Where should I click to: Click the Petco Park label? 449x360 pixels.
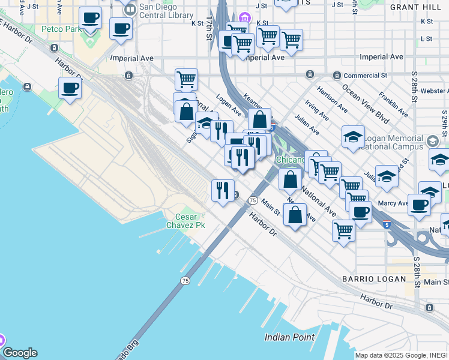click(x=61, y=29)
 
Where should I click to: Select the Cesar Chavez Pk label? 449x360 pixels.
click(x=190, y=221)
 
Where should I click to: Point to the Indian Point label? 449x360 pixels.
click(x=289, y=337)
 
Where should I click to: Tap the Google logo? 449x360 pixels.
click(x=19, y=353)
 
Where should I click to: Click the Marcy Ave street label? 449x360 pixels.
click(x=393, y=203)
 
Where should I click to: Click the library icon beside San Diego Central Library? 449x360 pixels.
click(x=129, y=10)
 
